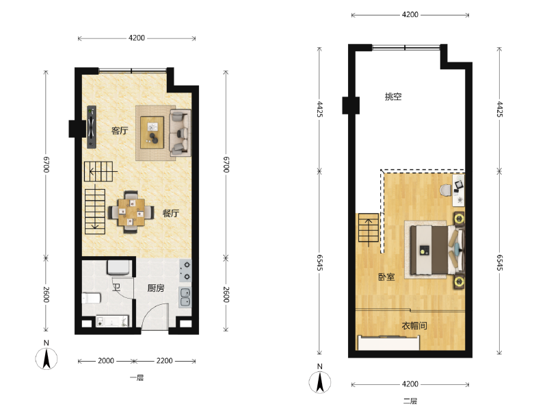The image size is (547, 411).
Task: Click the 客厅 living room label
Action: pos(120,131)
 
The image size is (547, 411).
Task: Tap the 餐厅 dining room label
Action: pos(171,213)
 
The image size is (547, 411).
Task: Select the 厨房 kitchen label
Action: pos(156,288)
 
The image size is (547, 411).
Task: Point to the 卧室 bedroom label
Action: pos(386,277)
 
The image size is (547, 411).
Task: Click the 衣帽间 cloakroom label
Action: pos(414,326)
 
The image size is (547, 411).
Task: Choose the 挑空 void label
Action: pos(393,97)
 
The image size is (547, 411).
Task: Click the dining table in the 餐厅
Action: pos(131,212)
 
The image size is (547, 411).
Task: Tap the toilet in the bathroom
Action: pos(92,298)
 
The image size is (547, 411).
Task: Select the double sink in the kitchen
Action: pos(185,297)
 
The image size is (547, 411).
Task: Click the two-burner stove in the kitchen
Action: pos(185,271)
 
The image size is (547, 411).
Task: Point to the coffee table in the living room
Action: pos(152,132)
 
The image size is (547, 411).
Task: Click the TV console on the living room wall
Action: pos(92,127)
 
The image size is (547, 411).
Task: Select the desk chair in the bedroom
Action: pos(446,190)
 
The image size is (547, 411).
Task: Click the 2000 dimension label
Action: pos(106,361)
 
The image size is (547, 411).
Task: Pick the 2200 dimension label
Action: pos(164,361)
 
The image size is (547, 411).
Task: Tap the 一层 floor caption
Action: pos(137,378)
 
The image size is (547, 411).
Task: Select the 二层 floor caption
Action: pos(410,401)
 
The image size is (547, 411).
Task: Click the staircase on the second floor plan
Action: pos(369,229)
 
